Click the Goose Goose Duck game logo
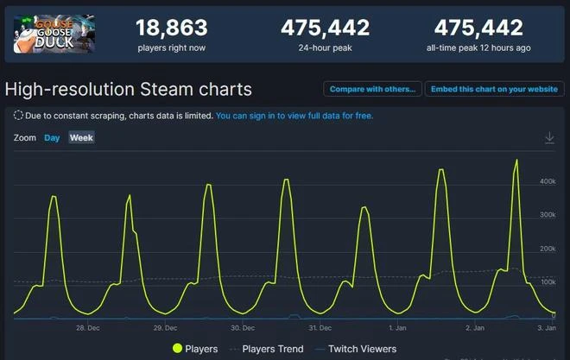(54, 33)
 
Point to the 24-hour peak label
(325, 48)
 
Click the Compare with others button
(372, 89)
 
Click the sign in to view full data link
(294, 115)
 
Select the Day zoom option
(52, 138)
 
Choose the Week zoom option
(81, 138)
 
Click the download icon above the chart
(549, 138)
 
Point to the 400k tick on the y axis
(547, 181)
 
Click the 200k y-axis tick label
(547, 249)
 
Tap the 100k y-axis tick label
(547, 282)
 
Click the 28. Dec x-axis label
(87, 328)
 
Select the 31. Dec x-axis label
(320, 328)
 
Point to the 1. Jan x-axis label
(398, 328)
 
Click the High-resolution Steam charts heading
(129, 89)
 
